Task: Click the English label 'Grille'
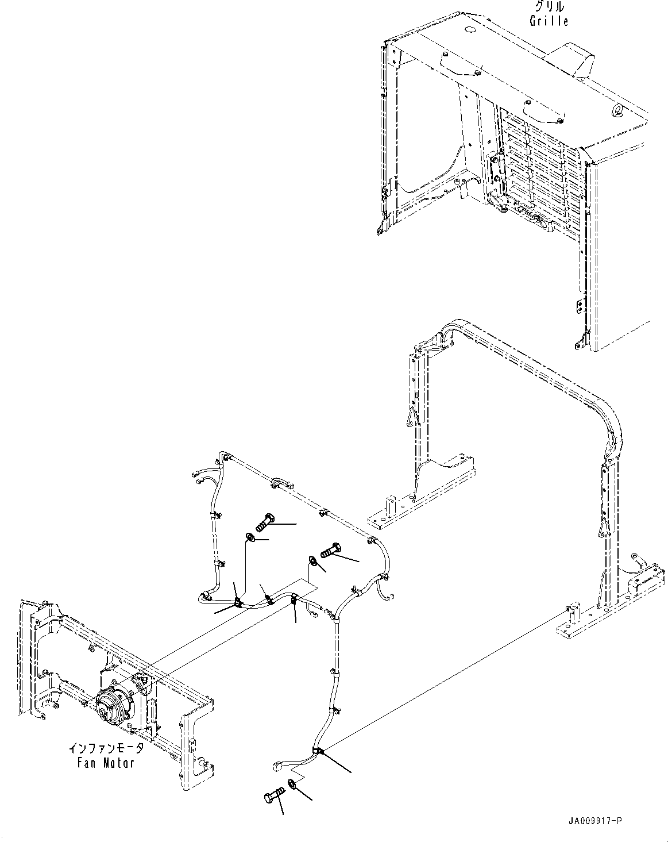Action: pos(549,21)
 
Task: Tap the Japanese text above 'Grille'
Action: pos(549,7)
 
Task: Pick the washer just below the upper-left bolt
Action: pos(251,537)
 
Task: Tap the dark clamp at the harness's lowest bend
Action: pos(318,751)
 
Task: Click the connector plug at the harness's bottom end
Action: pos(277,766)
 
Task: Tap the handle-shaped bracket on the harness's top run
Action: pos(279,483)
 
